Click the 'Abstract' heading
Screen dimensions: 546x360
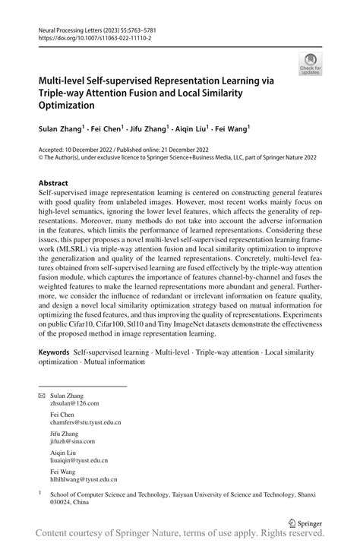coord(53,184)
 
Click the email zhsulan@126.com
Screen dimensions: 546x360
coord(74,406)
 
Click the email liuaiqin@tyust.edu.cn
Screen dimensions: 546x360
coord(79,460)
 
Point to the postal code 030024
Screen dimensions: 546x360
coord(62,502)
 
